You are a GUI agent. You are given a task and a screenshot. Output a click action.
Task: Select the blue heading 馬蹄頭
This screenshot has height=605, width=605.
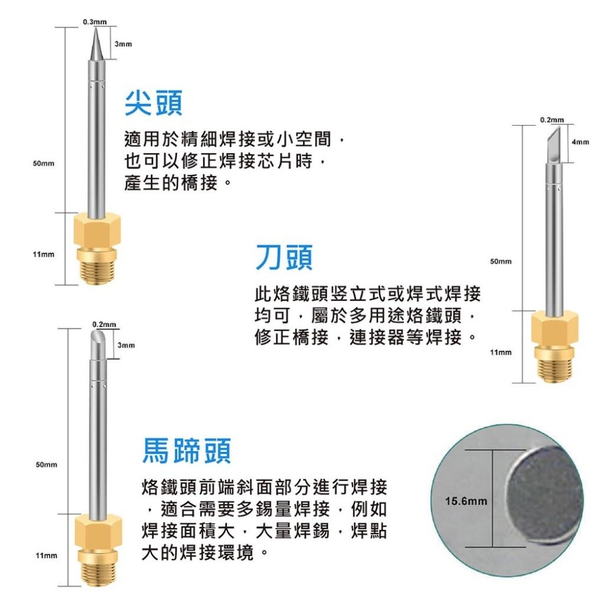click(186, 451)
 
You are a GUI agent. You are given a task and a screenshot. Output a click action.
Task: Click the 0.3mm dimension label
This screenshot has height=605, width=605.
click(95, 22)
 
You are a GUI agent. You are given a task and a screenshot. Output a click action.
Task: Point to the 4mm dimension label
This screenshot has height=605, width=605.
click(580, 142)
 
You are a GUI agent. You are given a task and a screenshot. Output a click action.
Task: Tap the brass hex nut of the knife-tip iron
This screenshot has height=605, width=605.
click(554, 327)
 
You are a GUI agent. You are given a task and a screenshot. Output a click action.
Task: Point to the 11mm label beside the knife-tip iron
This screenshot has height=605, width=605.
click(500, 352)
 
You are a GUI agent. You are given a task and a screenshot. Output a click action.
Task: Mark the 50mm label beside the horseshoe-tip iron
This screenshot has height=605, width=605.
click(46, 465)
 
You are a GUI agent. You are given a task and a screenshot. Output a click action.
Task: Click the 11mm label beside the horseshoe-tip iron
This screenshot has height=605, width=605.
click(46, 555)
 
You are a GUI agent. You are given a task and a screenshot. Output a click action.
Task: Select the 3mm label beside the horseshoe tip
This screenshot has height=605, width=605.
click(126, 345)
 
